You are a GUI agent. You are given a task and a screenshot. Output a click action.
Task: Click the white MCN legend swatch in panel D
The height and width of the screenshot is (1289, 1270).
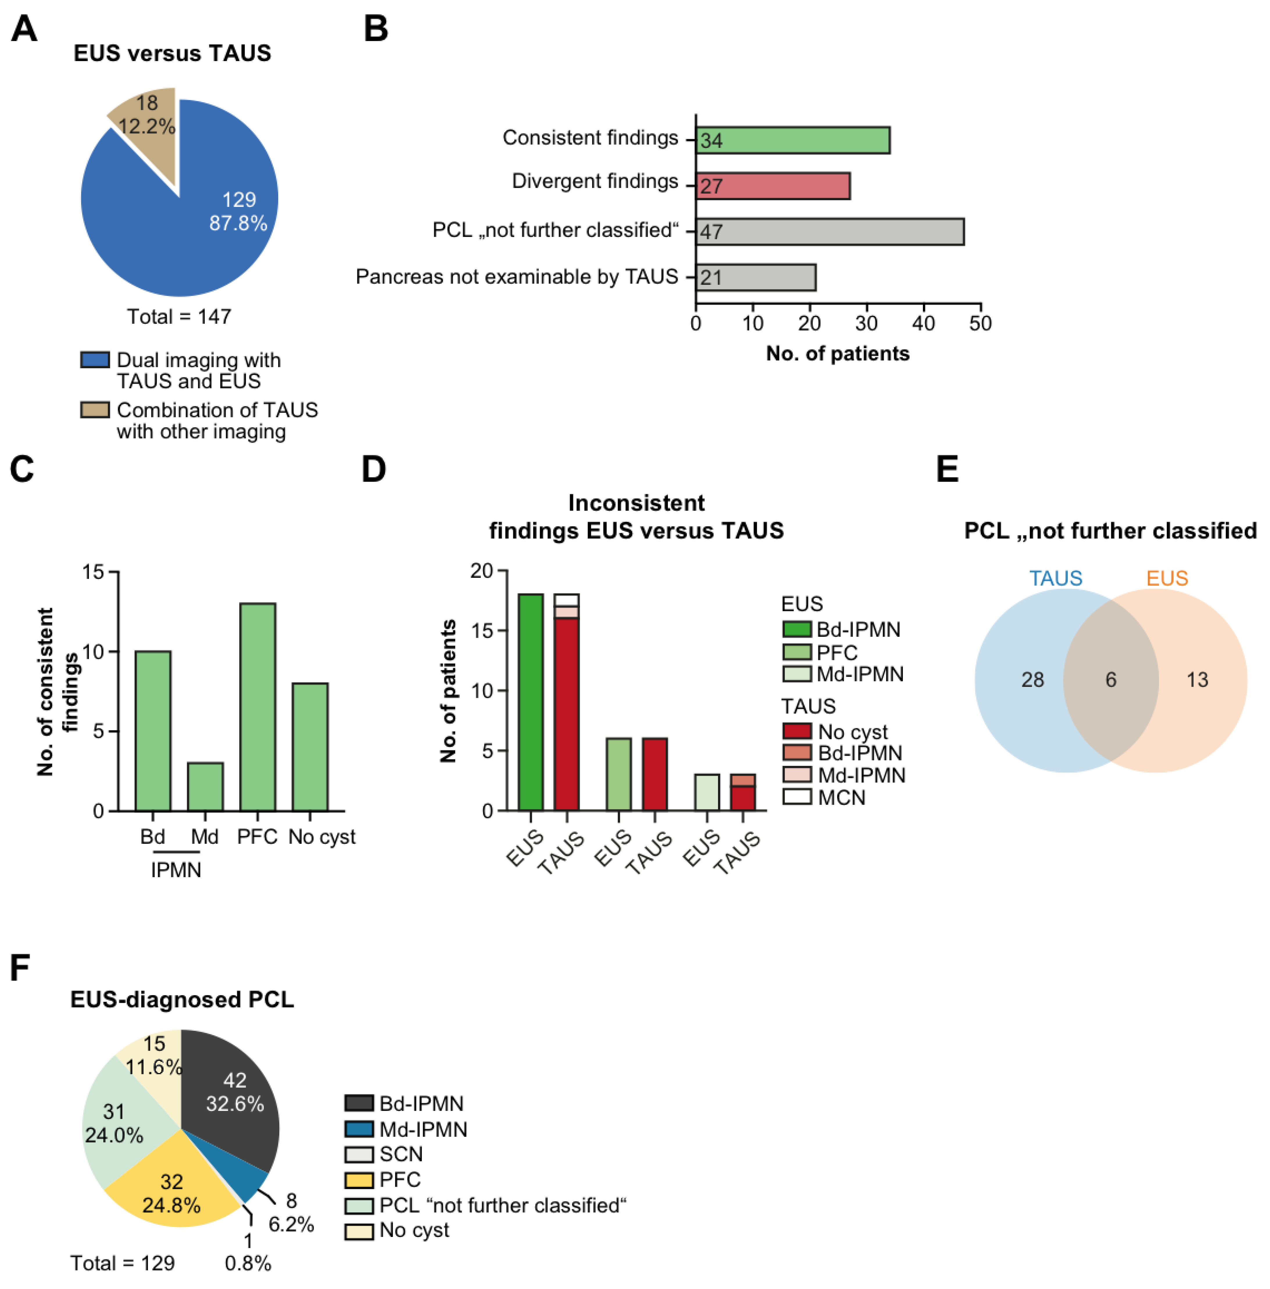[x=797, y=797]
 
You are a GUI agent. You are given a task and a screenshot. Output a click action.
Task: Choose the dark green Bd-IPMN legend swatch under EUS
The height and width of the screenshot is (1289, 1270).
[x=797, y=629]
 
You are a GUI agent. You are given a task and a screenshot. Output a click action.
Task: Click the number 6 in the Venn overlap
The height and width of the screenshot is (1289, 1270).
[x=1111, y=680]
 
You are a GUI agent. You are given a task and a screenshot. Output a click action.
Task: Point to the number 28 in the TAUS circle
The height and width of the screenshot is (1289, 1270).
[x=1033, y=680]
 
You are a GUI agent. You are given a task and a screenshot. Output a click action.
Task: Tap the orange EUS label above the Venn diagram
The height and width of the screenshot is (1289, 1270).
[x=1167, y=578]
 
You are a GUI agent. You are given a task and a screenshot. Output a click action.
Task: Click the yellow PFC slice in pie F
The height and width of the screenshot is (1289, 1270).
[x=167, y=1194]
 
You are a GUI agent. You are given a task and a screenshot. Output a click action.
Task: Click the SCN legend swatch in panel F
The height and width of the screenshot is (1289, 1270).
[x=359, y=1154]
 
